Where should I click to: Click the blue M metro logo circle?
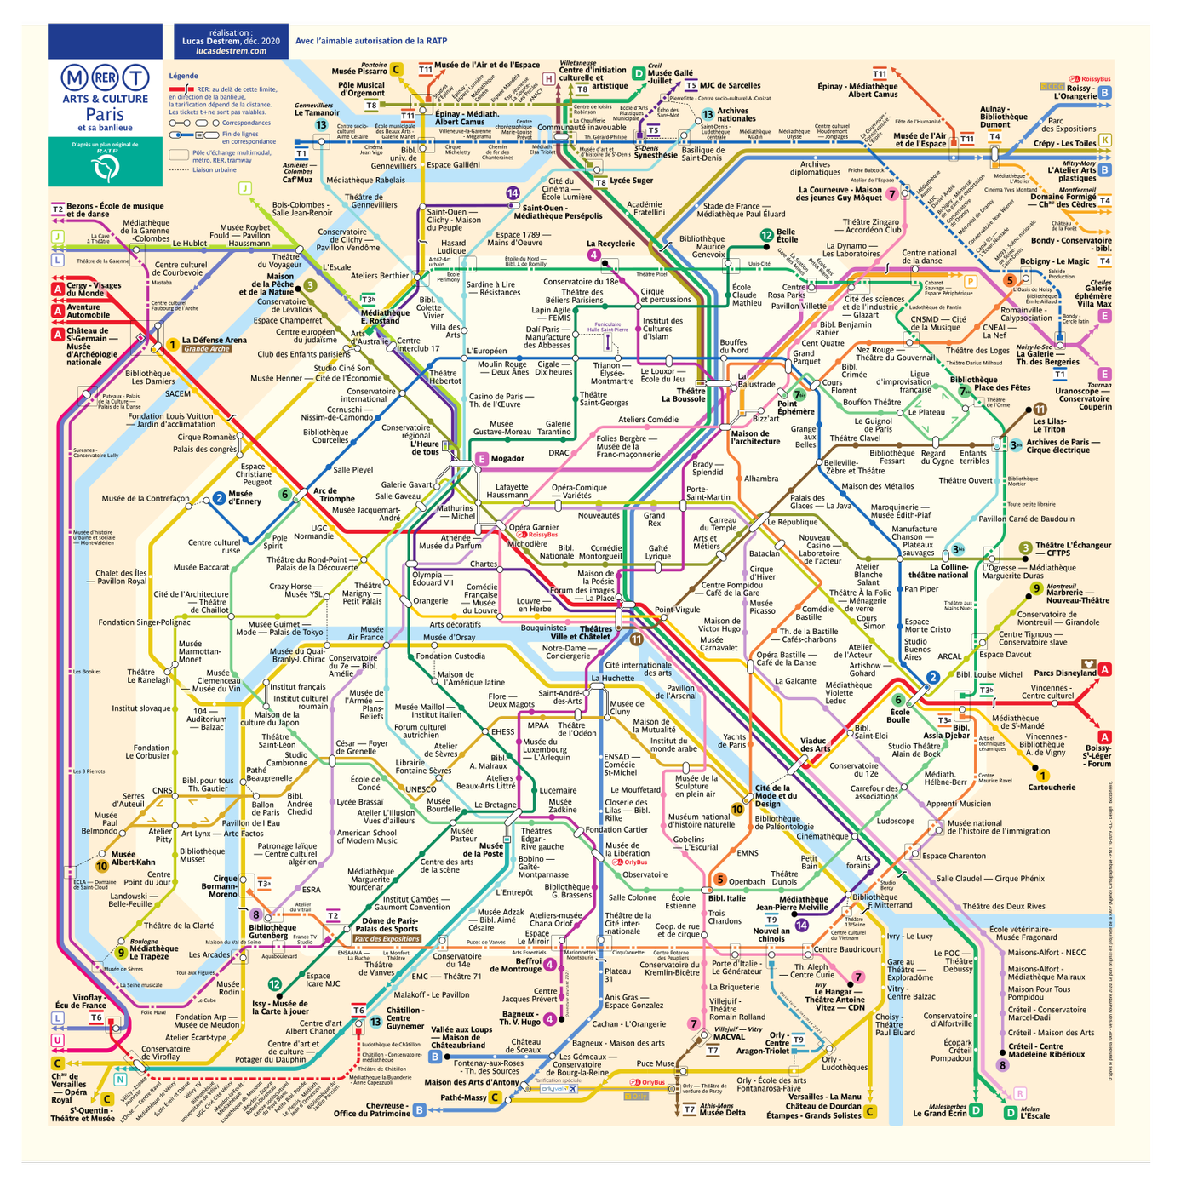click(75, 78)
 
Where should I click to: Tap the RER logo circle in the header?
click(105, 78)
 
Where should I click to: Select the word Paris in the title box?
click(105, 114)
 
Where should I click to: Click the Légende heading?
click(183, 76)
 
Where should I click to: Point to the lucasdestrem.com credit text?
click(231, 51)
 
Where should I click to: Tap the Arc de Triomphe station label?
click(334, 495)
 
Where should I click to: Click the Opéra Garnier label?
click(533, 527)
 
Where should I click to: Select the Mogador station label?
click(507, 458)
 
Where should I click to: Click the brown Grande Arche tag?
click(206, 349)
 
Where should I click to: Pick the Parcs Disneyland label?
click(1064, 673)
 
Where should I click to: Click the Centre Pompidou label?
click(731, 585)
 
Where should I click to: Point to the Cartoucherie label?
click(1052, 787)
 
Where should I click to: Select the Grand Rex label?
click(654, 519)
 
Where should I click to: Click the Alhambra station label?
click(761, 479)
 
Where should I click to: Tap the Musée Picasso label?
click(762, 607)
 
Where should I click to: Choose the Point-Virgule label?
click(677, 610)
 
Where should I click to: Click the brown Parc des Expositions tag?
click(387, 938)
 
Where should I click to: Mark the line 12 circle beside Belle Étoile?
click(766, 235)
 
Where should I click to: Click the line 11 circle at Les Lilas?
click(1040, 410)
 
